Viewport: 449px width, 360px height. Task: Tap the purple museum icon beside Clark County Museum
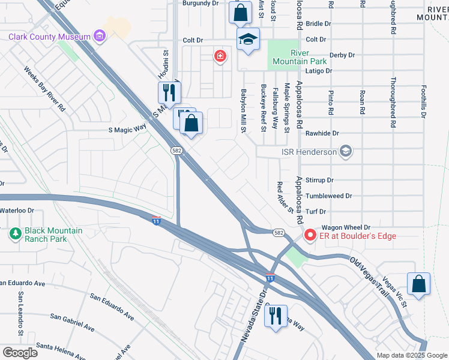pos(100,37)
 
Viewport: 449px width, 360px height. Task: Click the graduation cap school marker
pos(248,39)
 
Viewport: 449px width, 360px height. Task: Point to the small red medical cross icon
pos(221,56)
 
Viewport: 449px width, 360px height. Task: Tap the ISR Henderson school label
pos(309,152)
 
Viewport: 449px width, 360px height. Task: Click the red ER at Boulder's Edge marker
pos(310,235)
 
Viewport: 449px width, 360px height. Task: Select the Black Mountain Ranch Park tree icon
pos(14,232)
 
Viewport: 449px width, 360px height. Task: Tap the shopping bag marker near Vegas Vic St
pos(418,285)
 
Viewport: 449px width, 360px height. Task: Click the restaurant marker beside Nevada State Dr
pos(276,314)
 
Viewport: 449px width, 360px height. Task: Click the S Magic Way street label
pos(127,129)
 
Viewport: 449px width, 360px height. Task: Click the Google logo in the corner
pos(20,352)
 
